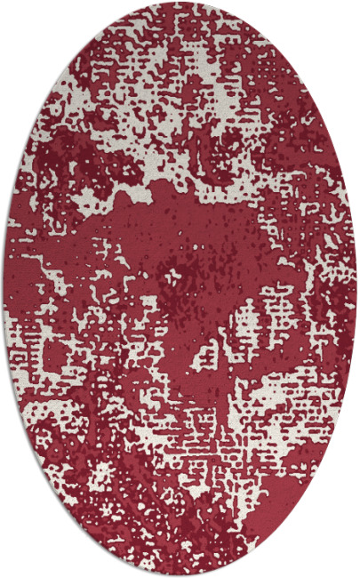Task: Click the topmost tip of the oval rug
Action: [x=180, y=3]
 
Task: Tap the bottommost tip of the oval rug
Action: [x=180, y=574]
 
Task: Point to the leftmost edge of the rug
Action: [x=4, y=289]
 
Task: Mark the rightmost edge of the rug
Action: [x=356, y=289]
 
